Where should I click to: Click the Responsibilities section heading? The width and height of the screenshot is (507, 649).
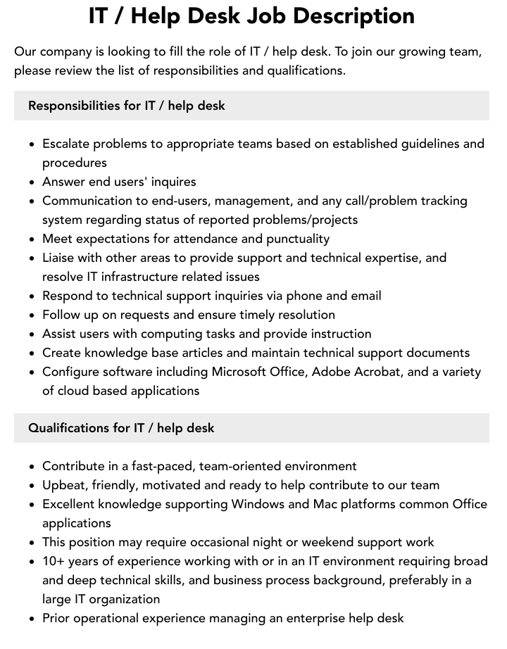[127, 106]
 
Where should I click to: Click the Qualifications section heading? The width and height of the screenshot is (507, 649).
[121, 428]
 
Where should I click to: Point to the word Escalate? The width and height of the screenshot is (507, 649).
[65, 144]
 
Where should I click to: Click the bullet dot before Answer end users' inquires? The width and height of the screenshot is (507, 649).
[32, 182]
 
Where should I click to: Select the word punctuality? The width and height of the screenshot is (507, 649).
[294, 239]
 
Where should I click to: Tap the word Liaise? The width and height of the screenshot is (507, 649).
[60, 258]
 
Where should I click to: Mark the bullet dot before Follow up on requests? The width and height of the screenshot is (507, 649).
[32, 315]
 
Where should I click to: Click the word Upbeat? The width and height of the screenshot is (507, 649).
[63, 485]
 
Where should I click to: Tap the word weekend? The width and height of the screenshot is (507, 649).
[349, 542]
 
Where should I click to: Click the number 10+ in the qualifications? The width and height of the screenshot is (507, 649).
[55, 561]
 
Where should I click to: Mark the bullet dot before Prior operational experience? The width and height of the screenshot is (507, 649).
[32, 619]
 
